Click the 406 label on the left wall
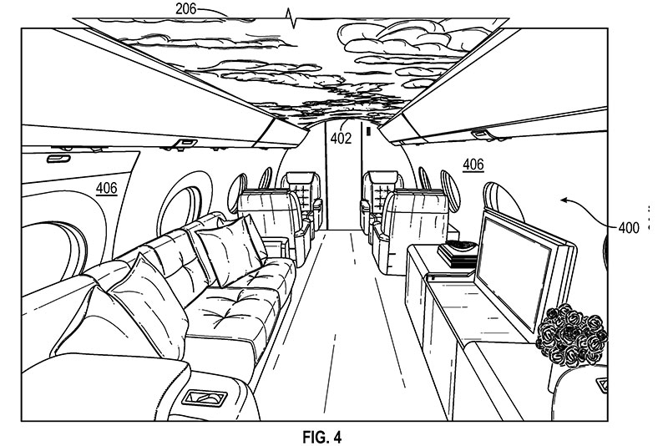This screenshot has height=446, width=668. coord(106,188)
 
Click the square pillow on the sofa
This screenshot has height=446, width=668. coord(230,247)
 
